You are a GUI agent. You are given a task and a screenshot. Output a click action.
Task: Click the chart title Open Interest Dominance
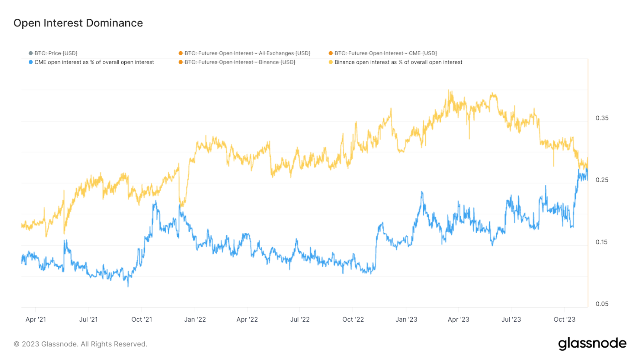click(78, 23)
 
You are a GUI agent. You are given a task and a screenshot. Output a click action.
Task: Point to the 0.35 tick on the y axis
click(602, 118)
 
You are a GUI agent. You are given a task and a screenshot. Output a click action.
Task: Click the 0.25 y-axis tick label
click(602, 180)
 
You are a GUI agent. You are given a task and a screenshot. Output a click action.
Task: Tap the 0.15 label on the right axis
click(602, 242)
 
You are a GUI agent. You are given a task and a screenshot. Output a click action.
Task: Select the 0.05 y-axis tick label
click(602, 304)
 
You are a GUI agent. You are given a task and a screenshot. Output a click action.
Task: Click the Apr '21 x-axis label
click(36, 320)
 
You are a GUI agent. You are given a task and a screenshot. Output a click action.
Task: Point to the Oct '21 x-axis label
click(142, 320)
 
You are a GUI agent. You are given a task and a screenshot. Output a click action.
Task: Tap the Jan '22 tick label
click(195, 320)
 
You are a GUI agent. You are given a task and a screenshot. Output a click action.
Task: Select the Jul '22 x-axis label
click(300, 320)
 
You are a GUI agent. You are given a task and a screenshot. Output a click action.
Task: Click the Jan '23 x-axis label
click(406, 320)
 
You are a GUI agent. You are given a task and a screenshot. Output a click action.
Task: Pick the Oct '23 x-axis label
click(564, 320)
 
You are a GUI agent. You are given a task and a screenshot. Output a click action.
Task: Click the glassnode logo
click(592, 344)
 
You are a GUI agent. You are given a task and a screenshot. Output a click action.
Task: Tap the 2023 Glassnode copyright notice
click(80, 344)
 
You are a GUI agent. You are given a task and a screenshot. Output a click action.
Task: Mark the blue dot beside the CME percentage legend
click(31, 62)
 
